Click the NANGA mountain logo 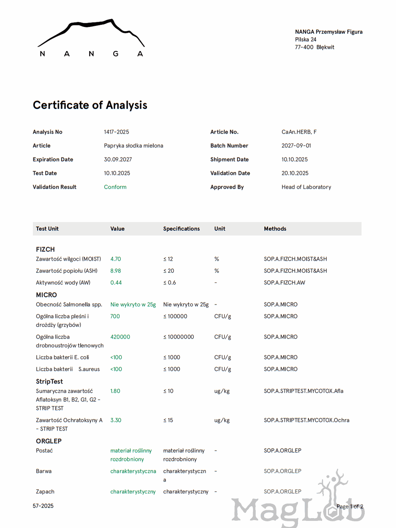(x=91, y=38)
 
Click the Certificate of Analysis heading (x=90, y=105)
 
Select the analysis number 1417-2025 (x=116, y=132)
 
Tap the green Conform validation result (x=115, y=187)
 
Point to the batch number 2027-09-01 (x=296, y=146)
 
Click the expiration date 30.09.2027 (x=118, y=160)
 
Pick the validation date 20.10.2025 (x=295, y=173)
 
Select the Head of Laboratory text (x=306, y=187)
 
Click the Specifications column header (x=181, y=229)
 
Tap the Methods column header (x=275, y=229)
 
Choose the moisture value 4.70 (x=116, y=259)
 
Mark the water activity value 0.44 (x=116, y=283)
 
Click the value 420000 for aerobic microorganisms (x=120, y=337)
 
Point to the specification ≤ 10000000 (x=179, y=337)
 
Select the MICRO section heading (x=46, y=295)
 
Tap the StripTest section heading (x=49, y=382)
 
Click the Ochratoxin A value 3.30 (x=116, y=420)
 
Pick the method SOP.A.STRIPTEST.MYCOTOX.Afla (x=303, y=391)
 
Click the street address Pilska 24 (x=305, y=40)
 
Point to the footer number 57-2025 (x=43, y=506)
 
